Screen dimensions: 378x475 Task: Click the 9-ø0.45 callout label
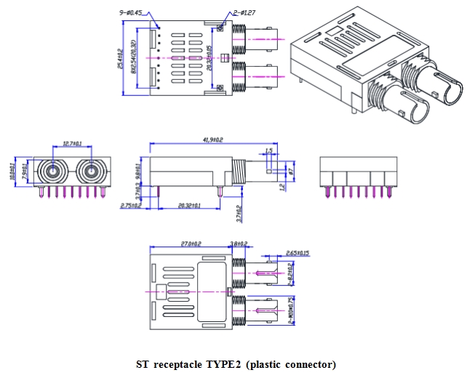click(130, 12)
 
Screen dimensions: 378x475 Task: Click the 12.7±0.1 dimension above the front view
click(72, 143)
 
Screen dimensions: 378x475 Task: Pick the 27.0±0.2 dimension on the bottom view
click(188, 244)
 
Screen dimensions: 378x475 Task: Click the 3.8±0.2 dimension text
click(239, 244)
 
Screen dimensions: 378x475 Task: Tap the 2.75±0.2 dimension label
click(132, 206)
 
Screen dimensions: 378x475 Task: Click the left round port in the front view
click(53, 173)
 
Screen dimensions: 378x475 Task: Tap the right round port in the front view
click(92, 173)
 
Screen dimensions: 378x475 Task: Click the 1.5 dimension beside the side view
click(268, 150)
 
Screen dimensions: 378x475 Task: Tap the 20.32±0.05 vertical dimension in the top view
click(209, 58)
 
